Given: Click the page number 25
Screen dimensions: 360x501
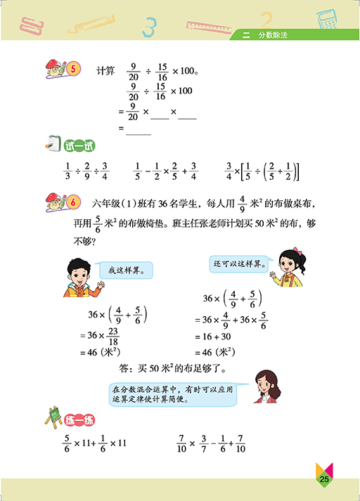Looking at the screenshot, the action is pos(324,479).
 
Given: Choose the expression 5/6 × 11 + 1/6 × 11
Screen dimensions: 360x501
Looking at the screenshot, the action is pos(93,443).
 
